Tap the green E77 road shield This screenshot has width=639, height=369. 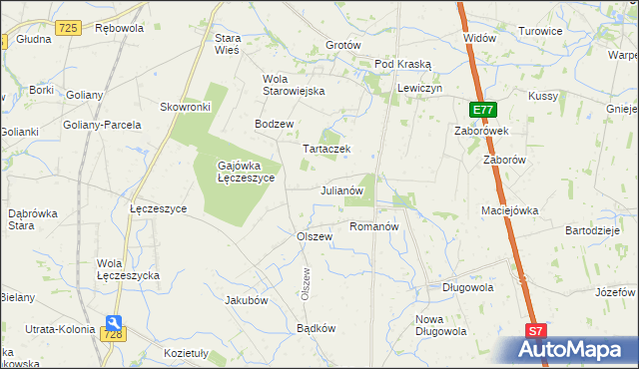tap(482, 109)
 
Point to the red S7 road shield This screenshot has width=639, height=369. tap(536, 331)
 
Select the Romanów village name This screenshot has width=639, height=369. tap(374, 226)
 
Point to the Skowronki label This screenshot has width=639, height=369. tap(185, 107)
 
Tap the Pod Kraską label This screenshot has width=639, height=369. tap(402, 64)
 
